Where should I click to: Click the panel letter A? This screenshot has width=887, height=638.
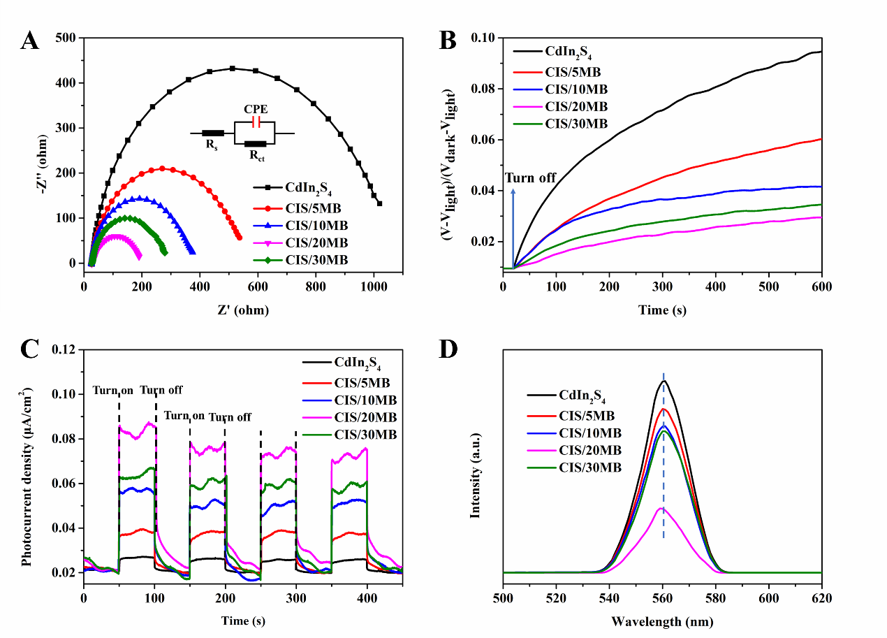[29, 41]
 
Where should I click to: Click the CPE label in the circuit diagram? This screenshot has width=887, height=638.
[256, 110]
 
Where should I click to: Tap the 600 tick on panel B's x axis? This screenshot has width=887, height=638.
[822, 286]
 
